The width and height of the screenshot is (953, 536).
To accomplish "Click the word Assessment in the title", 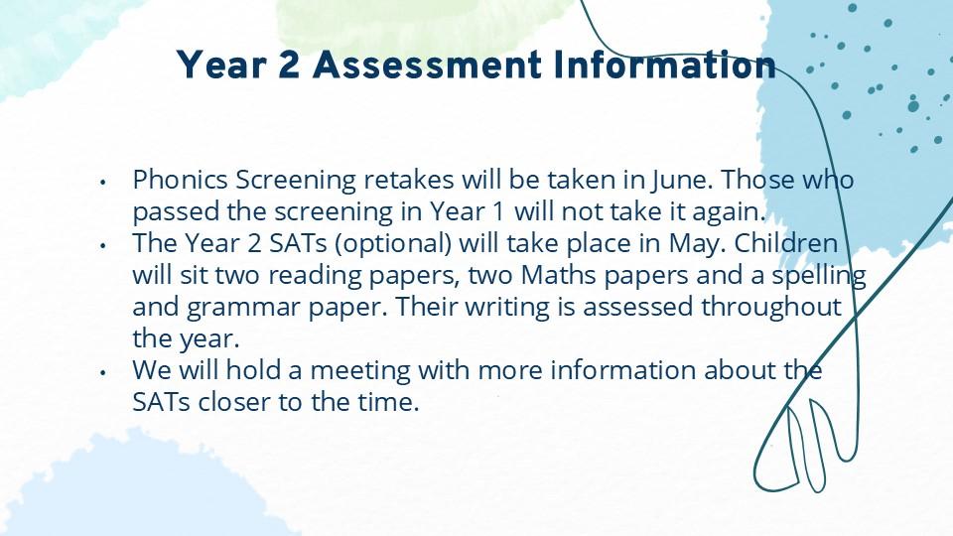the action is click(x=427, y=65).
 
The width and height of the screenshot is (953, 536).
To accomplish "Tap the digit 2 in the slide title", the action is click(x=289, y=65).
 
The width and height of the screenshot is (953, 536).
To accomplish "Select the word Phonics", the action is click(x=181, y=180).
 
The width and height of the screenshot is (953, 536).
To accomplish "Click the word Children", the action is click(x=786, y=243).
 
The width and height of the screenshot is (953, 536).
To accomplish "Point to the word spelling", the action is click(x=819, y=276).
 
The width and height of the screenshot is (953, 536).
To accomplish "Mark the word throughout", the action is click(x=771, y=308).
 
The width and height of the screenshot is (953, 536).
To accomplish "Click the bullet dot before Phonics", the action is click(x=103, y=181).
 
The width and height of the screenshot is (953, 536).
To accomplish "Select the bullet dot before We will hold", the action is click(x=103, y=371).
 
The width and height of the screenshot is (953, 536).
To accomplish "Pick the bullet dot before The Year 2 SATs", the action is click(x=103, y=245).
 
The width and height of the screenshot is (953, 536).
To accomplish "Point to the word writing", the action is click(x=507, y=308).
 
